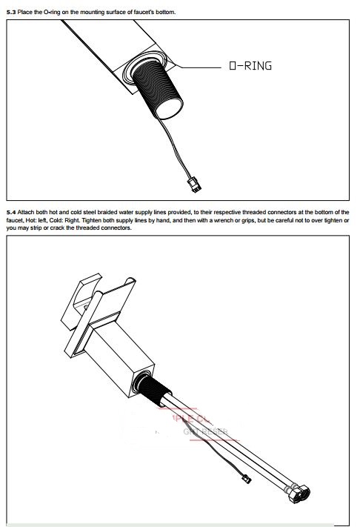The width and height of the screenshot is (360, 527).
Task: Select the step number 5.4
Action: pyautogui.click(x=10, y=212)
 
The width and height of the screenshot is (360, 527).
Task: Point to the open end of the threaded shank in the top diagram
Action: pyautogui.click(x=161, y=103)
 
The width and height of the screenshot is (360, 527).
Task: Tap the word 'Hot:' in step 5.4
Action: pyautogui.click(x=33, y=220)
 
